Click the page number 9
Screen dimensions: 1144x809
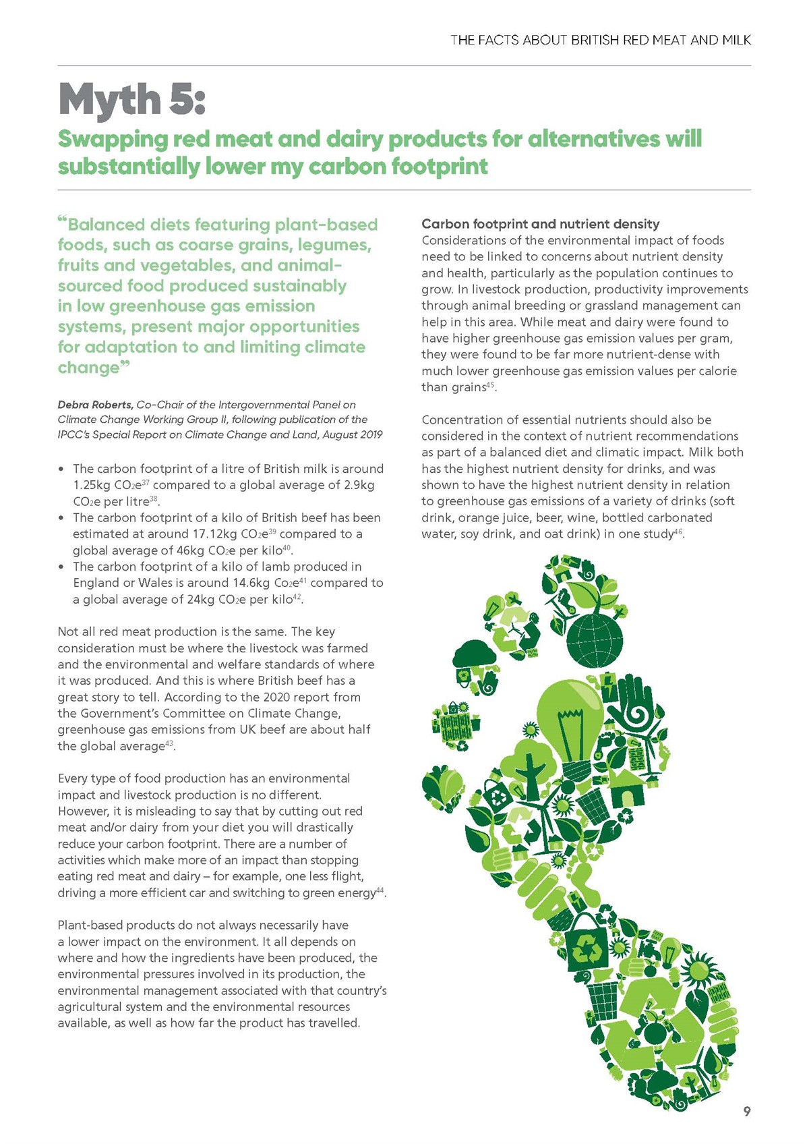[x=746, y=1112]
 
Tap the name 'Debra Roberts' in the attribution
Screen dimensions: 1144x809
[x=95, y=405]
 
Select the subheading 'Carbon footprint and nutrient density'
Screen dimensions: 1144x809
[x=540, y=224]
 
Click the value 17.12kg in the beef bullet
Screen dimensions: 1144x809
[x=205, y=534]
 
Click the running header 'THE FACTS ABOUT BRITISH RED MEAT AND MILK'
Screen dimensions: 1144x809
[x=601, y=40]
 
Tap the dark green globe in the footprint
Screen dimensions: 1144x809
[x=595, y=640]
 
